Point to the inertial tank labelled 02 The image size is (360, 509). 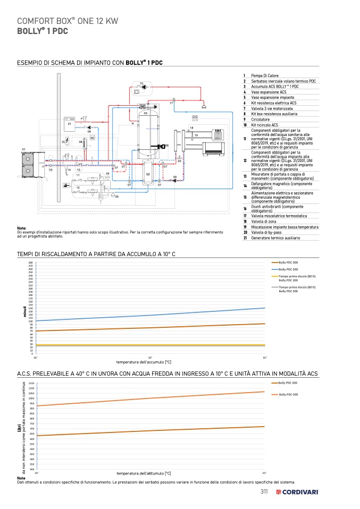[x=148, y=173]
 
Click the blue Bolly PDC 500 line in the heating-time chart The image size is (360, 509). [x=160, y=315]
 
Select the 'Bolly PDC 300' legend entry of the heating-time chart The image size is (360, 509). [x=288, y=262]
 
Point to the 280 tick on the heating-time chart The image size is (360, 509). [x=30, y=263]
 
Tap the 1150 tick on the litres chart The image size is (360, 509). [x=31, y=383]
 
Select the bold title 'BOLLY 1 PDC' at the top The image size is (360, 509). [x=43, y=31]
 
